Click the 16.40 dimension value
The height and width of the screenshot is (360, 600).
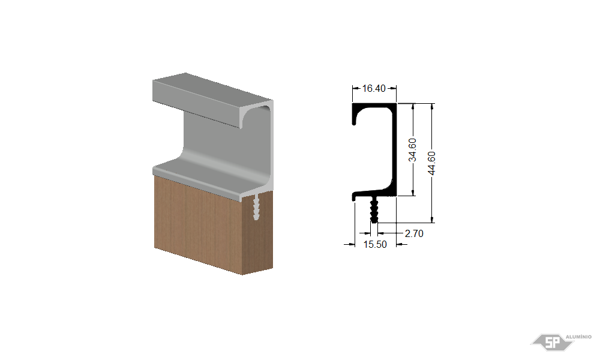point(373,88)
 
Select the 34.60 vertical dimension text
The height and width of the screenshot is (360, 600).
point(412,150)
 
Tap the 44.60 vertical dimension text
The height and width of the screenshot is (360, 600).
point(431,163)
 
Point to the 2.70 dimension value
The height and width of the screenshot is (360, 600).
point(414,233)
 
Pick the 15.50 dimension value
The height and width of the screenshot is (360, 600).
point(375,244)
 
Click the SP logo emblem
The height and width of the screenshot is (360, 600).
point(552,341)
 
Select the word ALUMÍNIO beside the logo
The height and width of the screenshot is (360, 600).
point(578,337)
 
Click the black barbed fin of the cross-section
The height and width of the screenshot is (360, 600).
point(374,210)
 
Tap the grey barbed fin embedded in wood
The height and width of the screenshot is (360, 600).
point(256,207)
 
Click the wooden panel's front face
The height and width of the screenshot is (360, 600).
point(198,224)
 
